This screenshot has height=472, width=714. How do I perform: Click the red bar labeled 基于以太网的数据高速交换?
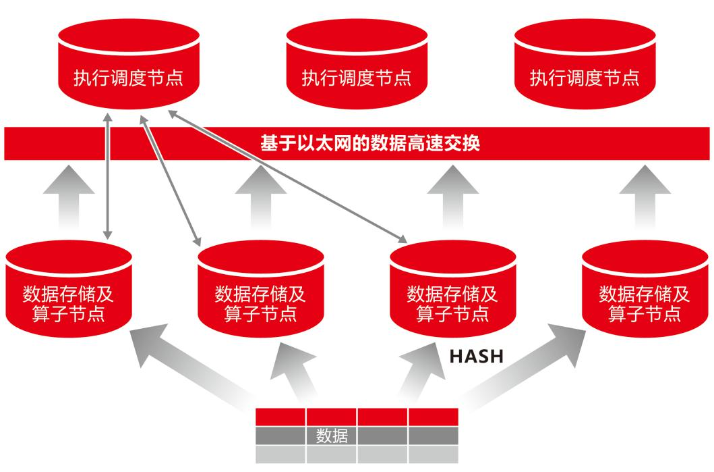pyautogui.click(x=357, y=144)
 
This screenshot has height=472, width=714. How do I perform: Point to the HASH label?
pyautogui.click(x=476, y=356)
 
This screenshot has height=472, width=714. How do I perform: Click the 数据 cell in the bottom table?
pyautogui.click(x=332, y=436)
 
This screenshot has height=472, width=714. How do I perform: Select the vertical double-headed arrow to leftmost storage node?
pyautogui.click(x=107, y=176)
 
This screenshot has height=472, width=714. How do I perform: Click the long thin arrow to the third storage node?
pyautogui.click(x=290, y=175)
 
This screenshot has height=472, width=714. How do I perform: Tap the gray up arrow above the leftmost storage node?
pyautogui.click(x=68, y=196)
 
